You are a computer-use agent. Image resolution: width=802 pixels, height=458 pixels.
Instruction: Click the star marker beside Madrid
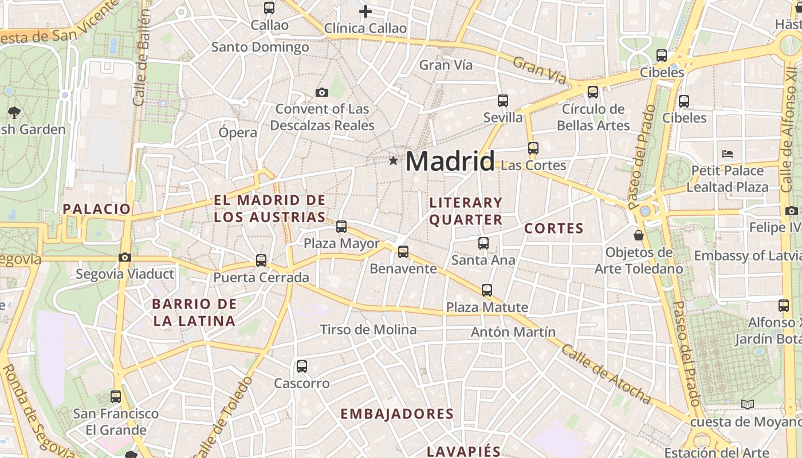[393, 161]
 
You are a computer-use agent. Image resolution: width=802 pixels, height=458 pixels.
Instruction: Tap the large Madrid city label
[450, 161]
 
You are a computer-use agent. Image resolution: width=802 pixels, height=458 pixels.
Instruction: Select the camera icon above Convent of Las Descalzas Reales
[322, 92]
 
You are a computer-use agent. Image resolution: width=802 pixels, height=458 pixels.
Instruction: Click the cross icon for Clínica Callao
[365, 11]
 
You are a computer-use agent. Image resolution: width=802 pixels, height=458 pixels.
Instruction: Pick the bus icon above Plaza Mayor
[341, 227]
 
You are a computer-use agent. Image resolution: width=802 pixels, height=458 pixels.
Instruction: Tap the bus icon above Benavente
[403, 252]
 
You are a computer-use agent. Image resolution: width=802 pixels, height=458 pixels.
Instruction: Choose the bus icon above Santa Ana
[483, 243]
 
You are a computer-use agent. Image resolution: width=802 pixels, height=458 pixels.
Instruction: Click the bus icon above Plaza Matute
[487, 290]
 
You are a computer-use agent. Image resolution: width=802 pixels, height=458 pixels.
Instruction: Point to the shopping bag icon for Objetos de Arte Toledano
[639, 235]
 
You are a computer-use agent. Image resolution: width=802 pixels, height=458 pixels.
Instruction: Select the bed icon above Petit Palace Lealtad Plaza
[728, 153]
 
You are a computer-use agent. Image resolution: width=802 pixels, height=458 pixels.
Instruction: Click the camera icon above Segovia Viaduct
[125, 258]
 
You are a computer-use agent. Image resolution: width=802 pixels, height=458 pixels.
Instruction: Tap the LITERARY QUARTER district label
[466, 211]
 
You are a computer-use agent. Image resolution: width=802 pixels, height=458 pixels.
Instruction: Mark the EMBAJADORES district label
[397, 414]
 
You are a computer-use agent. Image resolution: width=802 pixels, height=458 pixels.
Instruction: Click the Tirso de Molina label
[368, 330]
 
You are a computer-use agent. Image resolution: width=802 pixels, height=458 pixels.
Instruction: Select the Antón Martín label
[513, 332]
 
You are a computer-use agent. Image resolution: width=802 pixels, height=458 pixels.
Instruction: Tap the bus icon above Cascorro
[302, 366]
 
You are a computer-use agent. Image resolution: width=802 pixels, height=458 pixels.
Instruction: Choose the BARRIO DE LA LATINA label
[195, 312]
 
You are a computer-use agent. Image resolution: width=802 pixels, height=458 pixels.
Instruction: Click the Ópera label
[238, 133]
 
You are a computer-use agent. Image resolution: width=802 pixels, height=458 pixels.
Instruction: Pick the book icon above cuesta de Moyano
[747, 405]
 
